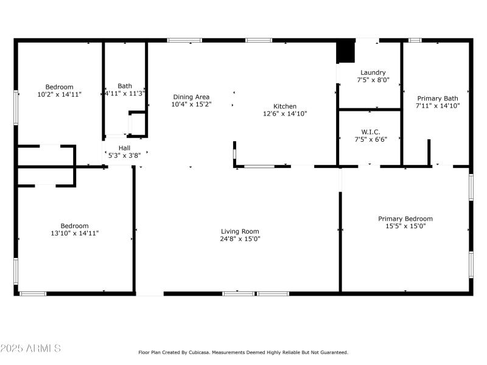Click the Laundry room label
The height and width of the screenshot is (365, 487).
tap(373, 72)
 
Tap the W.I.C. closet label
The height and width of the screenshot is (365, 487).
tap(371, 132)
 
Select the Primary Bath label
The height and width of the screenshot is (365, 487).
tap(437, 99)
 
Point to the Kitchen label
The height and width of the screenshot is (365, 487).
tap(285, 106)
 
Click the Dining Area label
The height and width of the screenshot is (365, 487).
tap(191, 97)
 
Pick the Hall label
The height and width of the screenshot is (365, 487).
tap(124, 148)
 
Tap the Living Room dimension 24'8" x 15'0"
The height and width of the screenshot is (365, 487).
tap(240, 238)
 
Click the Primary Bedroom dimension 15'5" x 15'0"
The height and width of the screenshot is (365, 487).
tap(405, 226)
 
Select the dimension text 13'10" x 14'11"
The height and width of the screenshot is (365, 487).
tap(74, 233)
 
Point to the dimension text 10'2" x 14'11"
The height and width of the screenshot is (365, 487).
tap(59, 94)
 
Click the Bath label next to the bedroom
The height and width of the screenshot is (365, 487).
tap(125, 86)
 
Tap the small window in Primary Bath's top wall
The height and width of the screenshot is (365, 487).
tap(415, 40)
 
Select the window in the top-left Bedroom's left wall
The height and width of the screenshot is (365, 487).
tap(16, 108)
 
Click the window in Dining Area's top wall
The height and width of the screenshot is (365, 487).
tap(184, 40)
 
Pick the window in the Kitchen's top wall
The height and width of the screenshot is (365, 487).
tap(259, 40)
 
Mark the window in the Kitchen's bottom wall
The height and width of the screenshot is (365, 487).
tap(259, 167)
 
